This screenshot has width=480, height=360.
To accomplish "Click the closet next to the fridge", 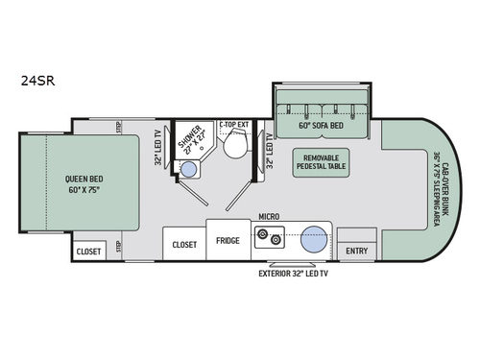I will (184, 244).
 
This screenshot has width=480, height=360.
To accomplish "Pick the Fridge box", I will (228, 240).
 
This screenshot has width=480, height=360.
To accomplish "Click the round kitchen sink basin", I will (312, 241).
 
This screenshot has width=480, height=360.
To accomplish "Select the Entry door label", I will (356, 252).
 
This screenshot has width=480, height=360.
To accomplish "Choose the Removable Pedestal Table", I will (320, 162).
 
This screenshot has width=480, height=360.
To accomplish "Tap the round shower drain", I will (189, 170).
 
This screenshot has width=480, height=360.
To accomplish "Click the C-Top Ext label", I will (233, 124).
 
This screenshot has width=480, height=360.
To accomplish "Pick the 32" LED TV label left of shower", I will (158, 147).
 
